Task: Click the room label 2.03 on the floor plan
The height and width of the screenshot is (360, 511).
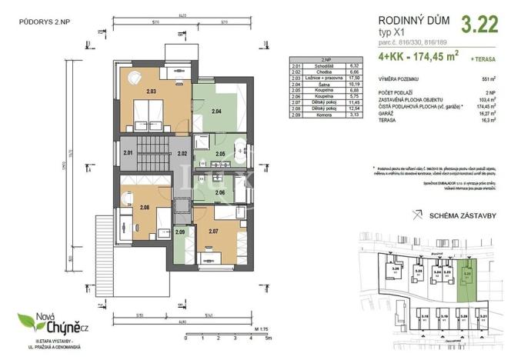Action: (x=152, y=92)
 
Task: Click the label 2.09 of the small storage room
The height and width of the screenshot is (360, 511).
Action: (x=180, y=232)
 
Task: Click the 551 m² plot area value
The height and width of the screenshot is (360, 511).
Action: (x=485, y=79)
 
